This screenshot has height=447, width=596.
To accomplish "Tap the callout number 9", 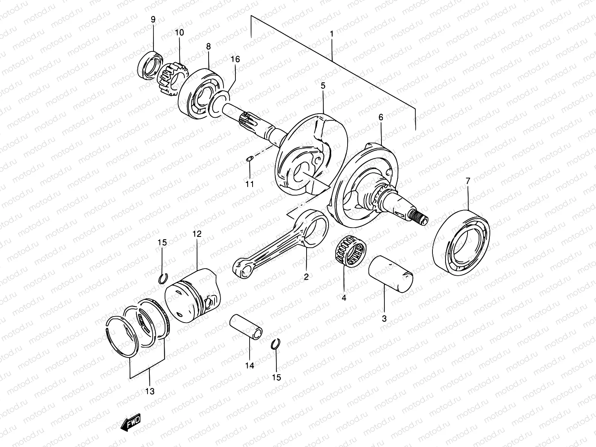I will coord(153,19).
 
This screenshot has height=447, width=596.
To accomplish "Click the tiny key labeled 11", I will coord(250,159).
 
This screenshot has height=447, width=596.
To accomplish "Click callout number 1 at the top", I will coord(331,34).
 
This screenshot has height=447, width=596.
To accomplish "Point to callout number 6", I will coord(380,117).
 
